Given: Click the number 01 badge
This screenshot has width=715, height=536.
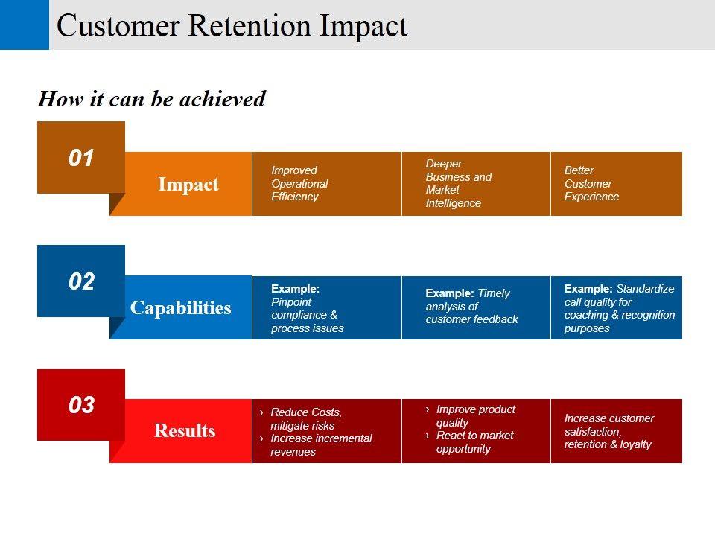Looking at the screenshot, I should pyautogui.click(x=81, y=158).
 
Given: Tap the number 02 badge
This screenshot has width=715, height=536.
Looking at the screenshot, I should pyautogui.click(x=81, y=281).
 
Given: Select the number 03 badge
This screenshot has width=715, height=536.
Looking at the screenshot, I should pyautogui.click(x=81, y=405).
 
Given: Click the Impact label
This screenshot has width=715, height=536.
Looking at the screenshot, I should pyautogui.click(x=188, y=185).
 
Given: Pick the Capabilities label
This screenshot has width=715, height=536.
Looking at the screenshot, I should pyautogui.click(x=181, y=308).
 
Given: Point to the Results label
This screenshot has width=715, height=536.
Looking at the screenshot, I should pyautogui.click(x=185, y=431).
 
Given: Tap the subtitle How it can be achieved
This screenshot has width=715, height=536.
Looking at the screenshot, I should pyautogui.click(x=151, y=99).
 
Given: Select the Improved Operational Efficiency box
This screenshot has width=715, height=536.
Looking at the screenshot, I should pyautogui.click(x=326, y=184).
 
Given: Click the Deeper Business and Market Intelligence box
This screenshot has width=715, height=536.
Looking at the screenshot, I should pyautogui.click(x=475, y=184).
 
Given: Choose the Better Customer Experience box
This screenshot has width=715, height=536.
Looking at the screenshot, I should pyautogui.click(x=616, y=184).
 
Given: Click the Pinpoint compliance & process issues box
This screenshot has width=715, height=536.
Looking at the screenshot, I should pyautogui.click(x=326, y=308).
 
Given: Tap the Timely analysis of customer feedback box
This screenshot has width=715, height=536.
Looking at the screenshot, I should pyautogui.click(x=475, y=307).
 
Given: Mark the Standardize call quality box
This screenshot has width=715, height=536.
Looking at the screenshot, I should pyautogui.click(x=616, y=308).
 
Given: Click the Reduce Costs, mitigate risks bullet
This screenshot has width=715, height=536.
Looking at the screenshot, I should pyautogui.click(x=305, y=419).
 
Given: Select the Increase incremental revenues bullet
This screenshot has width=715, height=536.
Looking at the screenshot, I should pyautogui.click(x=320, y=445).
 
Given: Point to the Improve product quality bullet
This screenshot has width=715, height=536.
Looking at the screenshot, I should pyautogui.click(x=474, y=415).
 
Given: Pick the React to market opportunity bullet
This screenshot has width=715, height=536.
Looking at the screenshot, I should pyautogui.click(x=474, y=442).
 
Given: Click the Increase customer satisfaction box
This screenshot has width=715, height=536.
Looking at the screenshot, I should pyautogui.click(x=616, y=431).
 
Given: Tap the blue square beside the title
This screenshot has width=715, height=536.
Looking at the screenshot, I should pyautogui.click(x=24, y=25).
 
